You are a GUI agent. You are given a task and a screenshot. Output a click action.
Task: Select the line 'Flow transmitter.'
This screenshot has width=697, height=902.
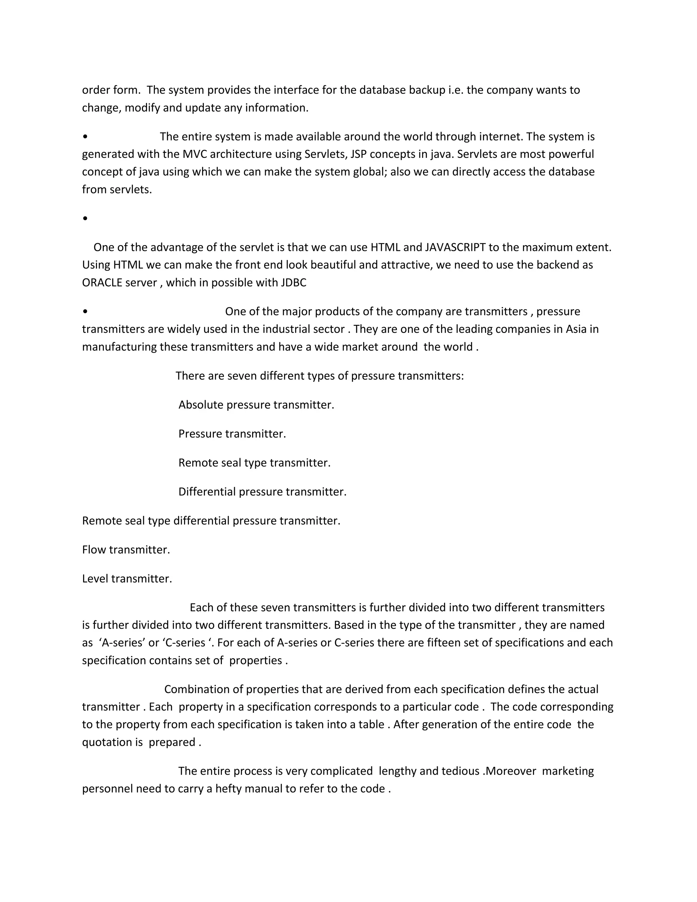(x=126, y=550)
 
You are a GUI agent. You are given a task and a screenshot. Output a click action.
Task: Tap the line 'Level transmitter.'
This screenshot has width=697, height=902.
(x=127, y=579)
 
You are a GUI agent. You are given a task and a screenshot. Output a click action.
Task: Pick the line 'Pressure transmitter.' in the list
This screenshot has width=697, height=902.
(x=232, y=434)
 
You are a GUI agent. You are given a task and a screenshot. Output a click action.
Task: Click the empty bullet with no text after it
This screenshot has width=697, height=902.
(x=85, y=219)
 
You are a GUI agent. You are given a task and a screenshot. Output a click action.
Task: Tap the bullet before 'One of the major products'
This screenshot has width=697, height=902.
(x=85, y=312)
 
